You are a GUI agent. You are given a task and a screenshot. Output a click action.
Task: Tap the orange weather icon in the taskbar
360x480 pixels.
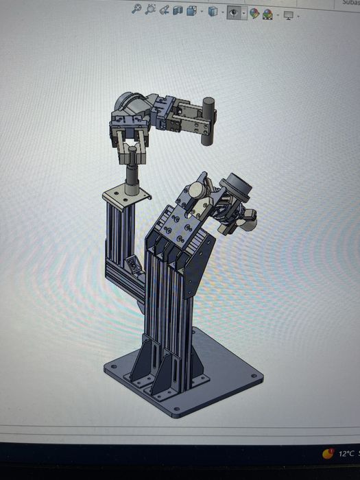(x=329, y=453)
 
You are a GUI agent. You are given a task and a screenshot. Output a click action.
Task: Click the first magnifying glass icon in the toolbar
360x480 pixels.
(x=136, y=10)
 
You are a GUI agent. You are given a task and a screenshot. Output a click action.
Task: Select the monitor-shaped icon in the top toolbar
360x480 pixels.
(x=289, y=14)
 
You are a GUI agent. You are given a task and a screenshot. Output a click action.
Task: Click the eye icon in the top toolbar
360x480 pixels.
(x=235, y=12)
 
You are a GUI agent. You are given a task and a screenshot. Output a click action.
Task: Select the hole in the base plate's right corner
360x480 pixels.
(x=255, y=376)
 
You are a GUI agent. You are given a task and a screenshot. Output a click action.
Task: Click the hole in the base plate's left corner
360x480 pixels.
(x=108, y=367)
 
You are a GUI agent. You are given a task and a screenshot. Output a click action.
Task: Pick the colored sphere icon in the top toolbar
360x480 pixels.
(x=254, y=13)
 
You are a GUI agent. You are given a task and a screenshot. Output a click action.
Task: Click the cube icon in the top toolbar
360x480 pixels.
(x=213, y=12)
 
